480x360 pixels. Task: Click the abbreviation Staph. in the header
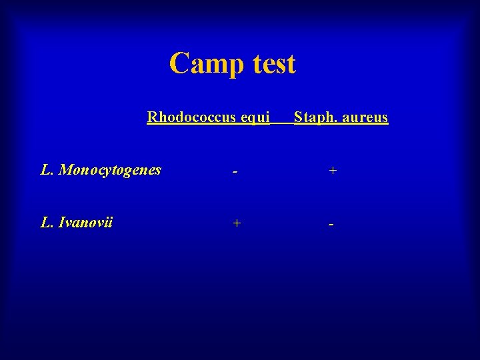[312, 118]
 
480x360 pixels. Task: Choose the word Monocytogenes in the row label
[110, 171]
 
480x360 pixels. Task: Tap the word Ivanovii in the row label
[86, 223]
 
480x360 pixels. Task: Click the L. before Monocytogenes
[47, 170]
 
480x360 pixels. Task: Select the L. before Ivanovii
[47, 223]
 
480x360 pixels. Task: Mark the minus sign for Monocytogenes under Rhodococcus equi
[235, 172]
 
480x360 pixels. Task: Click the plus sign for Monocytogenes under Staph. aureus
[332, 171]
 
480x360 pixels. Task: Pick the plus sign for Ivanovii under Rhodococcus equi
[235, 223]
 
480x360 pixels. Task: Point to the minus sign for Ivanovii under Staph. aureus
[331, 224]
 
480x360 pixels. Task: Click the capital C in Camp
[179, 64]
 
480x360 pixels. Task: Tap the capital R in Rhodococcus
[152, 118]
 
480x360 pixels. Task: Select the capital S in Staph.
[298, 118]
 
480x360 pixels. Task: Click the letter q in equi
[252, 120]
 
